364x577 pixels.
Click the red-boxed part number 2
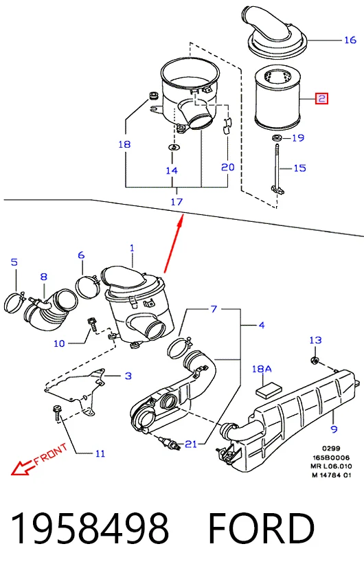tap(321, 99)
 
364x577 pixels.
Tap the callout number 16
tap(350, 40)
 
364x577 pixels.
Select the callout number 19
tap(298, 138)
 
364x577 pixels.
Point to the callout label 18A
tap(261, 369)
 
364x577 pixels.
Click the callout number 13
tap(315, 340)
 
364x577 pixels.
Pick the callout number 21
tap(191, 444)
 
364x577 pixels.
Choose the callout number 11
tap(100, 453)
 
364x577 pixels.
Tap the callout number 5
tap(14, 262)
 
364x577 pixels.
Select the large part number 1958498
tap(90, 528)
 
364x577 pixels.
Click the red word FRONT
tap(51, 454)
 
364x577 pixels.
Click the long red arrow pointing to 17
tap(173, 245)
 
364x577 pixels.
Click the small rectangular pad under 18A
tap(269, 391)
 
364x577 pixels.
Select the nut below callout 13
tap(315, 360)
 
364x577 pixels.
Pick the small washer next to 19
tap(276, 138)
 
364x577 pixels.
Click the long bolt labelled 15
tap(276, 168)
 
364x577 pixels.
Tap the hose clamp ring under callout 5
tap(14, 302)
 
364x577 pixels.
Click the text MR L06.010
tap(331, 466)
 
